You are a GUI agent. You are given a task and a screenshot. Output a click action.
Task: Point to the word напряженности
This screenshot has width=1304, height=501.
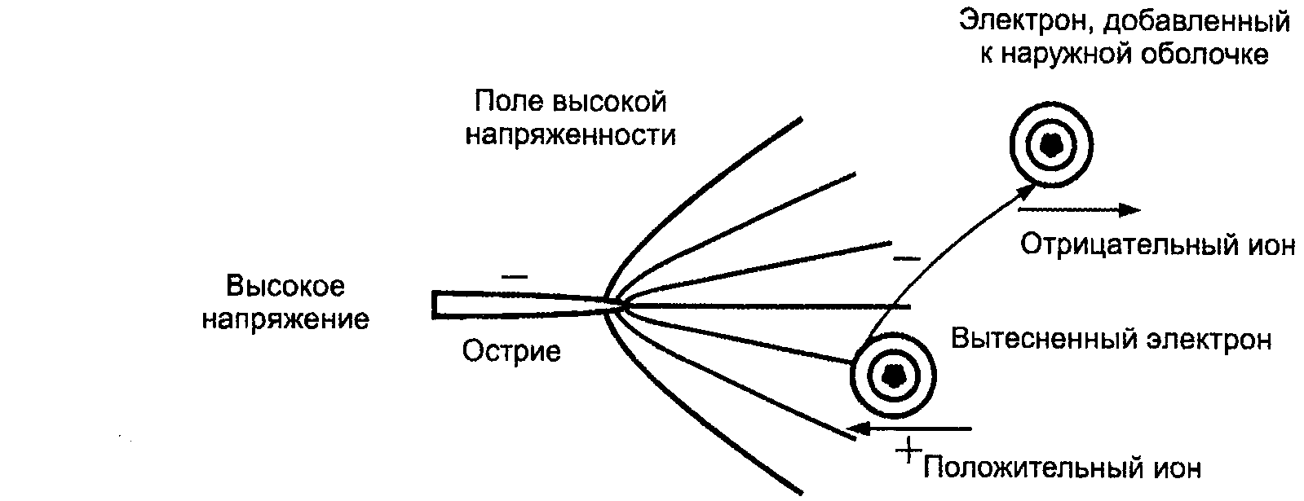point(570,134)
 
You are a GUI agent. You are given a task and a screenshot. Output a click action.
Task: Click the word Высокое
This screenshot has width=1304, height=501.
point(285,287)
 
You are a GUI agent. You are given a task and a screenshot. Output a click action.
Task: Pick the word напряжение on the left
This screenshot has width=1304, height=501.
point(285,319)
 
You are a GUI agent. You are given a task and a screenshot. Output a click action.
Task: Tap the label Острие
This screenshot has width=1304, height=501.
point(511,352)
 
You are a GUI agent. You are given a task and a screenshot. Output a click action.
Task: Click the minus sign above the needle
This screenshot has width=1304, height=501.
point(515,276)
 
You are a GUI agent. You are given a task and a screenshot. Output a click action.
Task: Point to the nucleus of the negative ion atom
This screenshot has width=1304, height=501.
point(1050,146)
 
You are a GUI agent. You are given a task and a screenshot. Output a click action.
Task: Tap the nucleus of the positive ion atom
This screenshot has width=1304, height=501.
point(894,376)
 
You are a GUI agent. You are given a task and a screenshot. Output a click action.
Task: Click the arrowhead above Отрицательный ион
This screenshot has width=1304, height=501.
point(1129,209)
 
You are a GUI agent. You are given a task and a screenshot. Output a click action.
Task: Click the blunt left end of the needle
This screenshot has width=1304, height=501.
point(435,303)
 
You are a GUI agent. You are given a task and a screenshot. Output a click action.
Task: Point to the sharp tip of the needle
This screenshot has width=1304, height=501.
point(622,304)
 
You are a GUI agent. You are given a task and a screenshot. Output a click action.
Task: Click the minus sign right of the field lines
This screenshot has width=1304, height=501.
point(907,258)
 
